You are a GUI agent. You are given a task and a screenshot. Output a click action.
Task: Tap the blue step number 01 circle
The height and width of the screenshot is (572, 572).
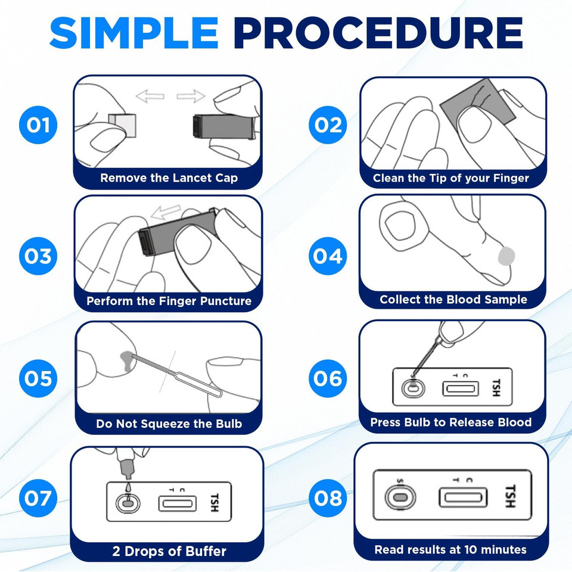[38, 125]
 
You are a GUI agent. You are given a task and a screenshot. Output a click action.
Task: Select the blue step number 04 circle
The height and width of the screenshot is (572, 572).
[328, 256]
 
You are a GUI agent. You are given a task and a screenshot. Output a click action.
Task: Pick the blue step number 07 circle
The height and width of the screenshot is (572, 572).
[38, 498]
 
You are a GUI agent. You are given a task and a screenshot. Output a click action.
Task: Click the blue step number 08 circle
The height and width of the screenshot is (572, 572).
[328, 498]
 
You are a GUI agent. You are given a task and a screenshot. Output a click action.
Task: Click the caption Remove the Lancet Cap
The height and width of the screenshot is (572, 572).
[169, 178]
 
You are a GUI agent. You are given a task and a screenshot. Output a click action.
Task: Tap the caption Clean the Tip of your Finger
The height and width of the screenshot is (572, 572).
[451, 178]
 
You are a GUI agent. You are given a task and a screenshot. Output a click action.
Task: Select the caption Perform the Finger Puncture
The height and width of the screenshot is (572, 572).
[169, 301]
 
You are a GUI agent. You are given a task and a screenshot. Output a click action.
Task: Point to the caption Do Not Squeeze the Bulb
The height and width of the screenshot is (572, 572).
[169, 424]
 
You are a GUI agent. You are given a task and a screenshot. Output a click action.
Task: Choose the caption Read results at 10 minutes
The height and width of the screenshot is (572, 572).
[450, 549]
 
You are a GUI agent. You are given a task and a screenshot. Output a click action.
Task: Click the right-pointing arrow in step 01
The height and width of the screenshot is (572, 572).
[191, 95]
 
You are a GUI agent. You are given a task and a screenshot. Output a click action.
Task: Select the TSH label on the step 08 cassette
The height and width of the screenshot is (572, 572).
[510, 496]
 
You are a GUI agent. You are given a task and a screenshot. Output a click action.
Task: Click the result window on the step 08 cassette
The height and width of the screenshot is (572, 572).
[463, 497]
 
